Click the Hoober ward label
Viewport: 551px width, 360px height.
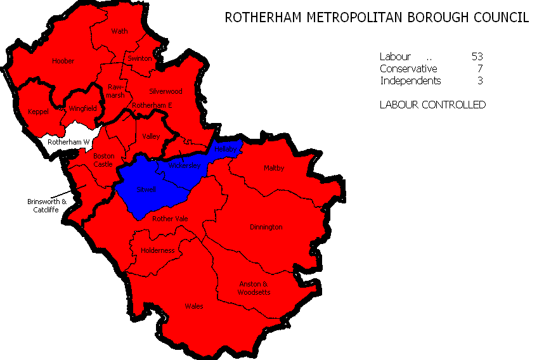pos(63,61)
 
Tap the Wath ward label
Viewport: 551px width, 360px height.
pos(119,30)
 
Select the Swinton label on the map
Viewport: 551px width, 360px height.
pos(139,58)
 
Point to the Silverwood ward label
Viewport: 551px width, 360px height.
pos(165,91)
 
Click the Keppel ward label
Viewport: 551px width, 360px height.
pos(38,112)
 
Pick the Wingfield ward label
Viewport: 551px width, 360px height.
pos(82,108)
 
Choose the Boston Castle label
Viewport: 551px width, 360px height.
pos(103,160)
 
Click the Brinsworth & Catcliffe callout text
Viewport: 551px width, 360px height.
pos(46,205)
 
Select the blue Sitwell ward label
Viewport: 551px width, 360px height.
pos(146,189)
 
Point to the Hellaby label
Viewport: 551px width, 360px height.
pos(226,148)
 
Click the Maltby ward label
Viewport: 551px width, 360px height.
pos(273,168)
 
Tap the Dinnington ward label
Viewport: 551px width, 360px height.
pos(266,226)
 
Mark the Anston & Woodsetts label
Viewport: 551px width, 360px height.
pos(254,288)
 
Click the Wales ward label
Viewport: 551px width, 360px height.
pos(193,306)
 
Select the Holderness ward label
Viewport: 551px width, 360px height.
pos(158,250)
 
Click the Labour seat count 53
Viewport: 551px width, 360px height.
pos(477,56)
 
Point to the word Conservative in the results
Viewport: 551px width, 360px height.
pos(408,68)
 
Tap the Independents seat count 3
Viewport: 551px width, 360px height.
pos(480,80)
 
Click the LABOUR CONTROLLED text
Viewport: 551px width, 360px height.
pos(432,105)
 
